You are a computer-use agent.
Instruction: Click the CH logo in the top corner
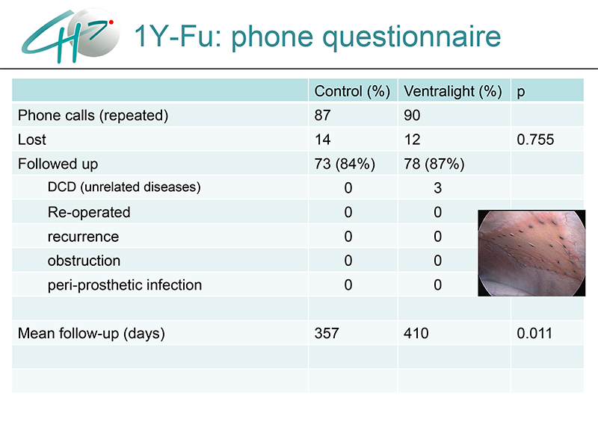pos(70,35)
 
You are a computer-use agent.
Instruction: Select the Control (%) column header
pos(352,91)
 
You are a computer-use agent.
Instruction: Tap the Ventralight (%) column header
pos(453,91)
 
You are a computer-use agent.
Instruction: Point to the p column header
pos(521,93)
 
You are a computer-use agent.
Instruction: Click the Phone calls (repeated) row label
pos(93,116)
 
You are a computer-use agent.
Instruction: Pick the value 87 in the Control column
pos(322,116)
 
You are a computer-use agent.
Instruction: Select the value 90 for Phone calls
pos(412,116)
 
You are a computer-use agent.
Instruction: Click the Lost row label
pos(32,140)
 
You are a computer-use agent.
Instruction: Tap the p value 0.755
pos(535,140)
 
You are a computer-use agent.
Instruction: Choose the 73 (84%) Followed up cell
pos(345,164)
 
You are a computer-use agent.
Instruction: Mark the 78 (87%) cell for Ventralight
pos(434,164)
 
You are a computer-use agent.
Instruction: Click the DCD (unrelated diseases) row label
pos(124,187)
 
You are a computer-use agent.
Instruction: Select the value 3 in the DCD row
pos(437,188)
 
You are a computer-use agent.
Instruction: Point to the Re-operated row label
pos(89,213)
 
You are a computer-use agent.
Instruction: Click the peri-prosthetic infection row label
pos(125,285)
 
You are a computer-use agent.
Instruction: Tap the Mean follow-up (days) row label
pos(91,333)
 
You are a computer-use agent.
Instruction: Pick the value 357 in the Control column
pos(327,333)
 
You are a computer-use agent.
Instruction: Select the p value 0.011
pos(534,333)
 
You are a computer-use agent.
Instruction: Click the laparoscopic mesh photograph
pos(531,253)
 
